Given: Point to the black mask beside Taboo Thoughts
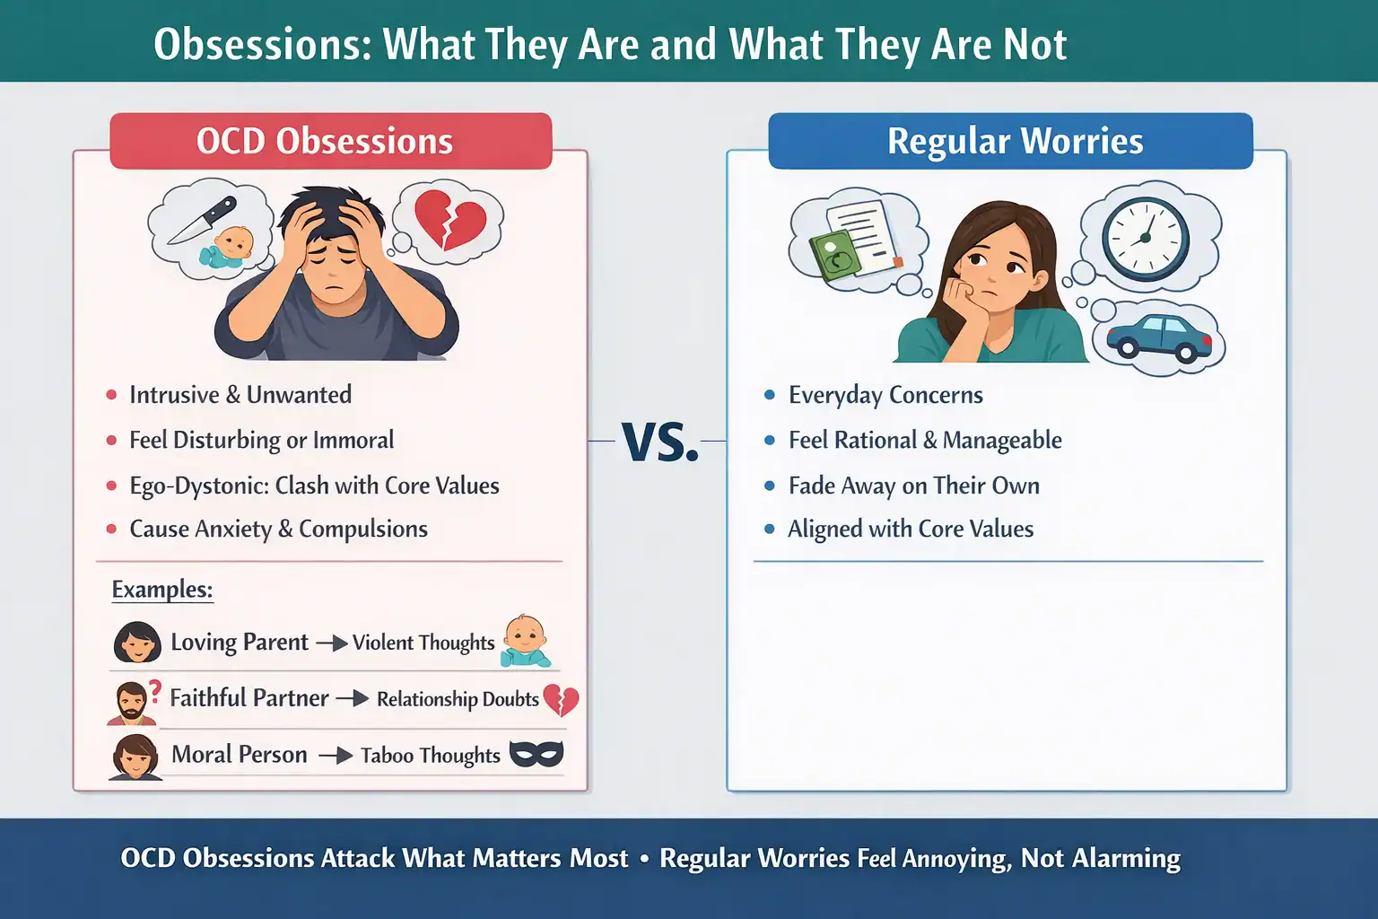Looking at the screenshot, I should tap(536, 754).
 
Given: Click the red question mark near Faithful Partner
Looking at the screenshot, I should tap(155, 691).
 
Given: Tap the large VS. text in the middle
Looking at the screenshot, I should tap(660, 442).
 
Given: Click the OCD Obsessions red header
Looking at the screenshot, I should tap(330, 142).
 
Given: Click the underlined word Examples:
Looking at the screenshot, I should tap(162, 590).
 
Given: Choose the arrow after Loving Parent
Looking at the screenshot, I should tap(332, 643).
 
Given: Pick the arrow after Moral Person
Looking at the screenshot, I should tap(336, 756).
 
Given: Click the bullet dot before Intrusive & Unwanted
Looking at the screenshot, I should tap(112, 395).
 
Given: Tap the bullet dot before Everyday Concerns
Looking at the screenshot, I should tap(770, 395).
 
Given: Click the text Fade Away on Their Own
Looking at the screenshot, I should tap(913, 486).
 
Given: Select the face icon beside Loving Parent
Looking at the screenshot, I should tap(137, 643).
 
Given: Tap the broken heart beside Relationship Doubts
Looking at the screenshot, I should tap(562, 699).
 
